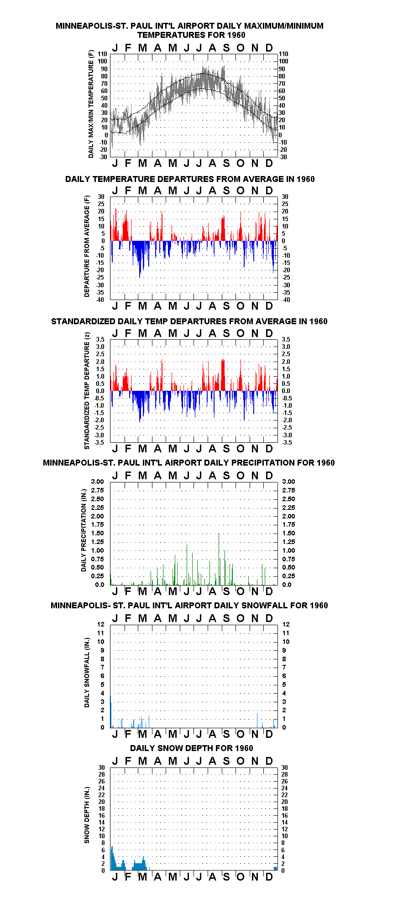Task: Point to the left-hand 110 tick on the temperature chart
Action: tap(102, 54)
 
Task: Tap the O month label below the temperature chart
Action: tap(241, 163)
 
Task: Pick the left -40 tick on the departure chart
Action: tap(100, 300)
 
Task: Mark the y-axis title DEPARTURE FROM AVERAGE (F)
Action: tap(87, 246)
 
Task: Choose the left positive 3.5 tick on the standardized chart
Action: tap(100, 339)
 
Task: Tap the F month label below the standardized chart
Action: tap(128, 449)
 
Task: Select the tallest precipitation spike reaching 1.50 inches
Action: tap(219, 559)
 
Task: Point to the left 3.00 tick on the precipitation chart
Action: tap(98, 482)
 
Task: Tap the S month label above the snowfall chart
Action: tap(226, 618)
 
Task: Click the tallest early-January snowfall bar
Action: tap(110, 711)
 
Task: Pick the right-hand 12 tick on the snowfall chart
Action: tap(286, 624)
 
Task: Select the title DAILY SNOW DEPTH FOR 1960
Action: tap(192, 748)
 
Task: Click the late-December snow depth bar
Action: tap(276, 868)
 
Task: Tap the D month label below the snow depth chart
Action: tap(269, 877)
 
